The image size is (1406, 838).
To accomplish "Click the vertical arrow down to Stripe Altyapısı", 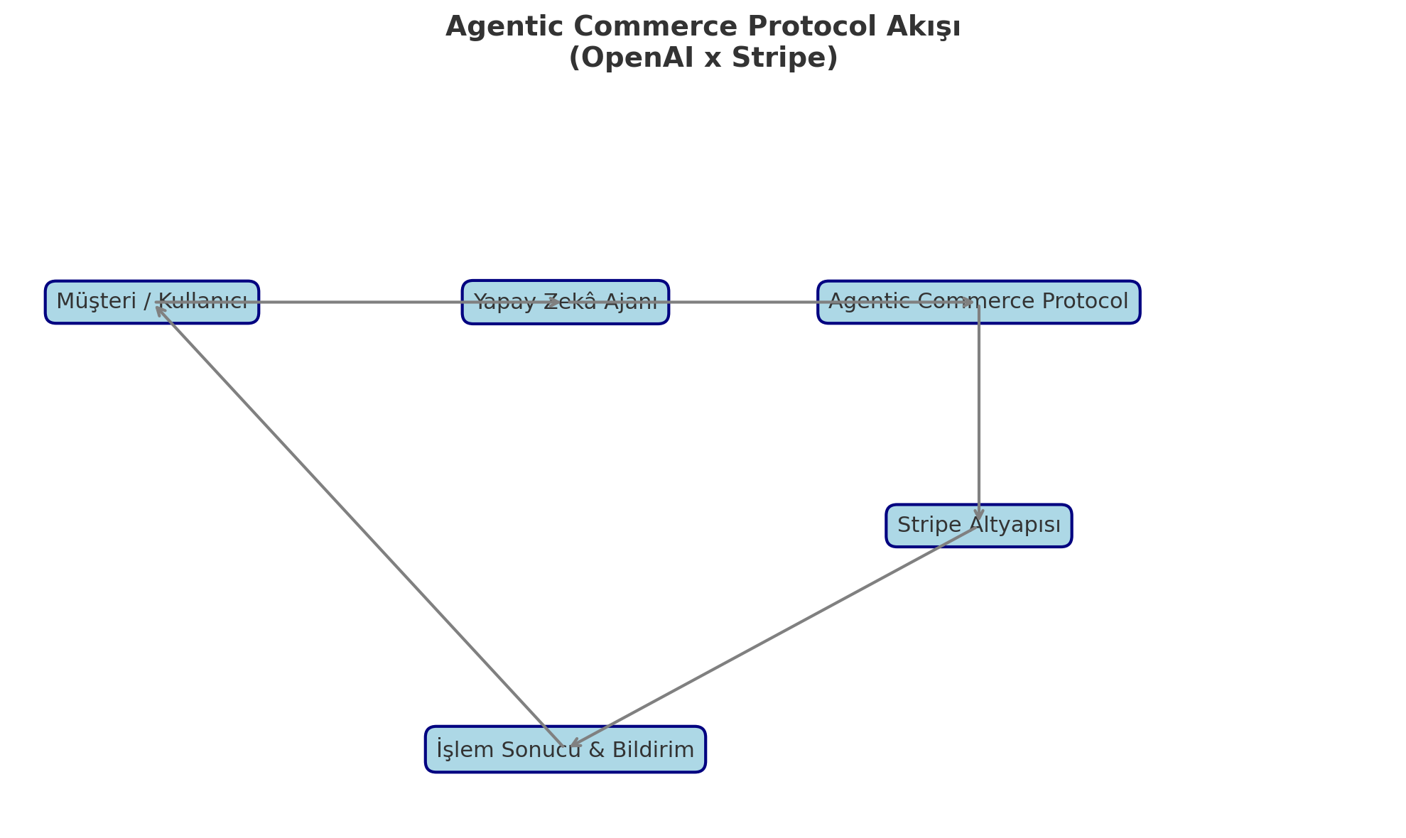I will point(979,412).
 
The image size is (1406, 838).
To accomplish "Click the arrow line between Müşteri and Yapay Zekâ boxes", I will point(355,303).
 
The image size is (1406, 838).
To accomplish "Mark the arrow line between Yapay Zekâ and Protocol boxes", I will point(742,303).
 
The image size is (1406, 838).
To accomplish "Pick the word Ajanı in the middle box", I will point(632,303).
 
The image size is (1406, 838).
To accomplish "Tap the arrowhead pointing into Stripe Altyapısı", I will point(979,515).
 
